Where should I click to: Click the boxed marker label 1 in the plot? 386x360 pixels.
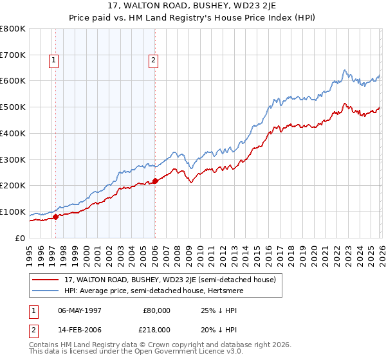click(55, 61)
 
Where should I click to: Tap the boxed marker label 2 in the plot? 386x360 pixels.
click(154, 61)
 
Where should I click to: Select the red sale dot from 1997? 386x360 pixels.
click(55, 217)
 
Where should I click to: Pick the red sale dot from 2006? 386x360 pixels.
click(155, 181)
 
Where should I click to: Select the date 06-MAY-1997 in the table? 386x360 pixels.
click(80, 310)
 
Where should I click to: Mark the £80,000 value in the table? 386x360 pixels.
click(157, 310)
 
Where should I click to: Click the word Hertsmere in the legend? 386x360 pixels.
click(259, 291)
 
